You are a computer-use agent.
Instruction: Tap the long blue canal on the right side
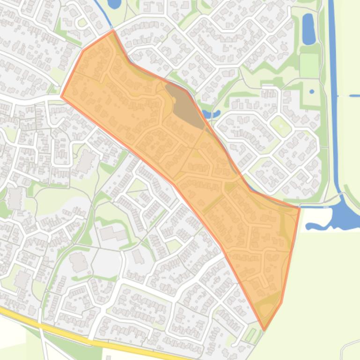pyautogui.click(x=334, y=94)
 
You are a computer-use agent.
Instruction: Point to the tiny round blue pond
pyautogui.click(x=312, y=91)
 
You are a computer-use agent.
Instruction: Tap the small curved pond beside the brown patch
pyautogui.click(x=210, y=114)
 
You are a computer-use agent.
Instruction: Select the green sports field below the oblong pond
pyautogui.click(x=309, y=65)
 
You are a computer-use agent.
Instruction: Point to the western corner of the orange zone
pyautogui.click(x=61, y=97)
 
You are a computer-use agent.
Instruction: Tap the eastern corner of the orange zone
pyautogui.click(x=299, y=208)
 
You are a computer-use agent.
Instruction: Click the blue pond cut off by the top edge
pyautogui.click(x=114, y=4)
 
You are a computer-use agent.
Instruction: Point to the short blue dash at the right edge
pyautogui.click(x=355, y=96)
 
